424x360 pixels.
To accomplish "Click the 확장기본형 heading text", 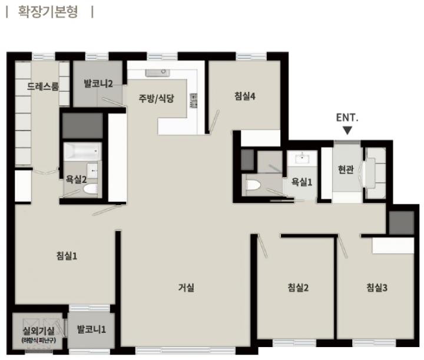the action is point(48,12).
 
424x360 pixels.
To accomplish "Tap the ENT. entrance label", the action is point(347,118).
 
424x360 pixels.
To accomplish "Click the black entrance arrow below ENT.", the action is point(347,131).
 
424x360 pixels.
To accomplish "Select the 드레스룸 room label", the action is point(43,86).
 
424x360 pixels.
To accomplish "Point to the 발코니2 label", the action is point(98,84).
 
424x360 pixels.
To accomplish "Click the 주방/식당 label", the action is point(156,98).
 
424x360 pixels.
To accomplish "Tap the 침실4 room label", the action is point(245,96).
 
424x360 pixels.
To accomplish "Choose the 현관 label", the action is point(346,169).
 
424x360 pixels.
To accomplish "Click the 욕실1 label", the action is point(302,182).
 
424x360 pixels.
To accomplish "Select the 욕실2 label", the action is point(76,179).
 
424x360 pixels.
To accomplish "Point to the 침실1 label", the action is point(67,255).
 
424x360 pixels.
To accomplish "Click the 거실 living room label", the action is point(186,287).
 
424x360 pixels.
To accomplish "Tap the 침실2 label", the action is point(298,287).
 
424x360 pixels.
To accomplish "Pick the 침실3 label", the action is point(377,287).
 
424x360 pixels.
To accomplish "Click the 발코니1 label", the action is point(91,329).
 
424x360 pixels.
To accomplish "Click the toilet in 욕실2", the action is point(90,189).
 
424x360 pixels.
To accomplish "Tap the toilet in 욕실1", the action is point(254,185).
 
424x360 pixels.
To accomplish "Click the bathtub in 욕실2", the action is point(82,152).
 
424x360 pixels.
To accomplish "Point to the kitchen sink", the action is point(157,73).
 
